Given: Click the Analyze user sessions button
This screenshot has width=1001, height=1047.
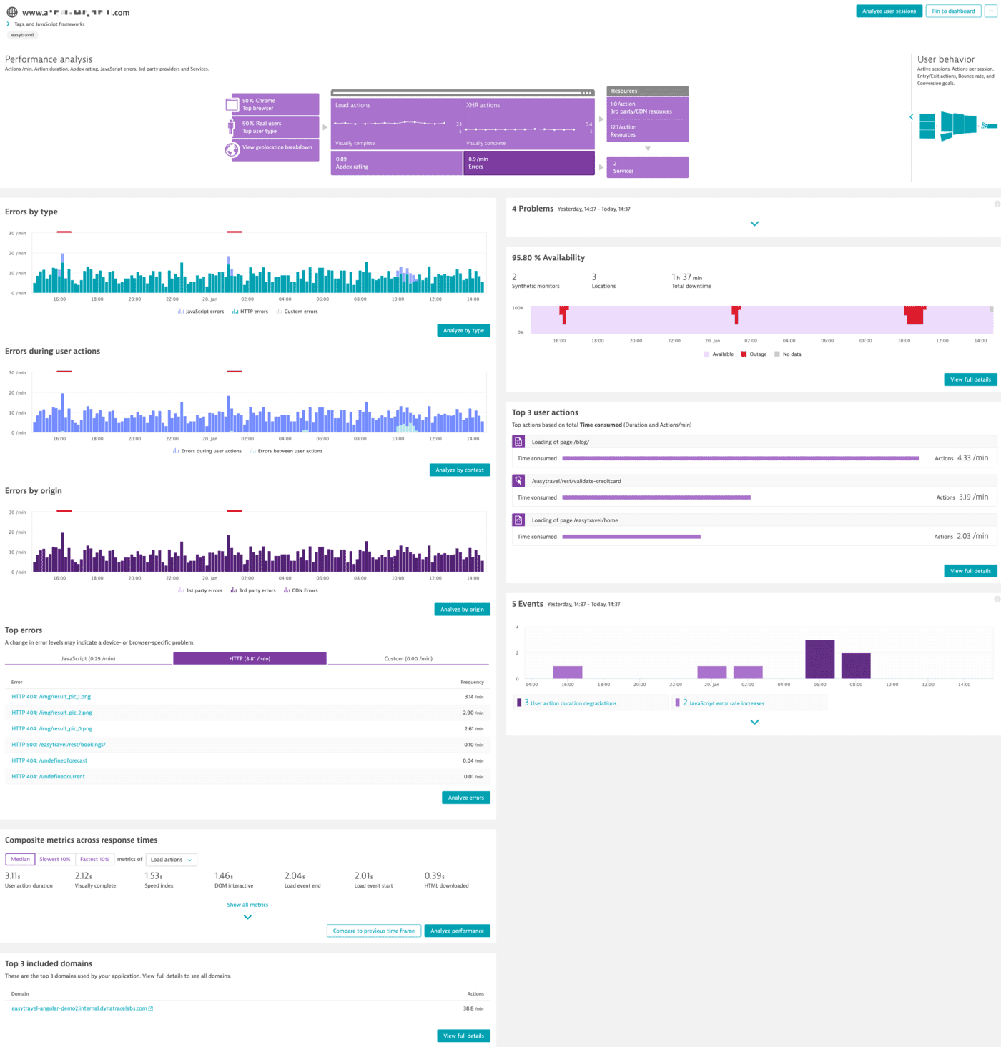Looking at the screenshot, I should [x=889, y=11].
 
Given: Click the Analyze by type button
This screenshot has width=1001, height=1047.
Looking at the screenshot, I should [x=463, y=330].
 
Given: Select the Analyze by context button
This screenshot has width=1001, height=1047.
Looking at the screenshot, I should [x=460, y=470].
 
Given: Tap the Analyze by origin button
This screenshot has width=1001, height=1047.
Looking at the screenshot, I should [x=462, y=609].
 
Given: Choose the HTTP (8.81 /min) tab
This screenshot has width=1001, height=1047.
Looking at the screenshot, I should [x=250, y=658].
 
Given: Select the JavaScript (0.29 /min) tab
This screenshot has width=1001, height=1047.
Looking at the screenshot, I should [x=88, y=658].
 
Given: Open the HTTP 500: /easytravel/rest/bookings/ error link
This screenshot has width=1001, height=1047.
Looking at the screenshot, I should [x=59, y=745].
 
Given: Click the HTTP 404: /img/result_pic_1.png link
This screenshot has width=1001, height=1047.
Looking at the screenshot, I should [x=51, y=696].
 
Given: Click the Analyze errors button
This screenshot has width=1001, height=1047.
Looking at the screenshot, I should [x=465, y=798].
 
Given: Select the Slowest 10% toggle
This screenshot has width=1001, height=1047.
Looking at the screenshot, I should [x=55, y=859].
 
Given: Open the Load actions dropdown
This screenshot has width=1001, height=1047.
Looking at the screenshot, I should [x=171, y=860].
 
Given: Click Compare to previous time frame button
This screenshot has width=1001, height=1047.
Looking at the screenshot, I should [x=374, y=931].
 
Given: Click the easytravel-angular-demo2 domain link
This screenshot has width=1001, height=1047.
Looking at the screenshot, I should [x=79, y=1008].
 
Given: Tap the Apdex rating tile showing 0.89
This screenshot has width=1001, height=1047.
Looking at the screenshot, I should [x=395, y=163].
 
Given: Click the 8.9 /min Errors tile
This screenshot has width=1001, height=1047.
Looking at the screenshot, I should [x=528, y=163].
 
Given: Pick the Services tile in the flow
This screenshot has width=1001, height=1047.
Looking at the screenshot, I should [x=647, y=167].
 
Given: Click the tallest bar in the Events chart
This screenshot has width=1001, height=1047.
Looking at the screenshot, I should [x=819, y=659].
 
